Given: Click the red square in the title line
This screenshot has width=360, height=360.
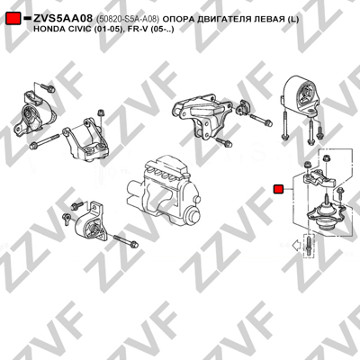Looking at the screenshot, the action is pyautogui.click(x=13, y=19).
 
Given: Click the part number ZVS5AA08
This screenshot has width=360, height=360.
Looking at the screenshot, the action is pyautogui.click(x=63, y=19).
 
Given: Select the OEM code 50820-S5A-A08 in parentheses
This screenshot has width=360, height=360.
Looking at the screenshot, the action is pyautogui.click(x=127, y=20).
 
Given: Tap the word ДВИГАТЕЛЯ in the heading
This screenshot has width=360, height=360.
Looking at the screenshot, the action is pyautogui.click(x=217, y=20).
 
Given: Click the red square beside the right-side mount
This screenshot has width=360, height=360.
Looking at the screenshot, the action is pyautogui.click(x=279, y=189).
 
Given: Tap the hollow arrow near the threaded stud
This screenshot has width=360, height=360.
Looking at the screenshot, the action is pyautogui.click(x=298, y=246).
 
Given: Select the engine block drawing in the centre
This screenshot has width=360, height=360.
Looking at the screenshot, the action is pyautogui.click(x=164, y=189).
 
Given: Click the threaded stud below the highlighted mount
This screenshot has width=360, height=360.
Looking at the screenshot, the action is pyautogui.click(x=310, y=246).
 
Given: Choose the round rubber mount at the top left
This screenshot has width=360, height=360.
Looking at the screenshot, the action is pyautogui.click(x=34, y=115).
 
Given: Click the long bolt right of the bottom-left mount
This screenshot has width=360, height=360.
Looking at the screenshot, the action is pyautogui.click(x=126, y=242).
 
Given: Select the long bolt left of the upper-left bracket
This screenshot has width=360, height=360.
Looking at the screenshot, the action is pyautogui.click(x=45, y=142).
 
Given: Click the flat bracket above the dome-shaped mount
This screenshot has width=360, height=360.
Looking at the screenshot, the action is pyautogui.click(x=319, y=179).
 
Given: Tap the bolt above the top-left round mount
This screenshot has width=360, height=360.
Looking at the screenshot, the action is pyautogui.click(x=48, y=88).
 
